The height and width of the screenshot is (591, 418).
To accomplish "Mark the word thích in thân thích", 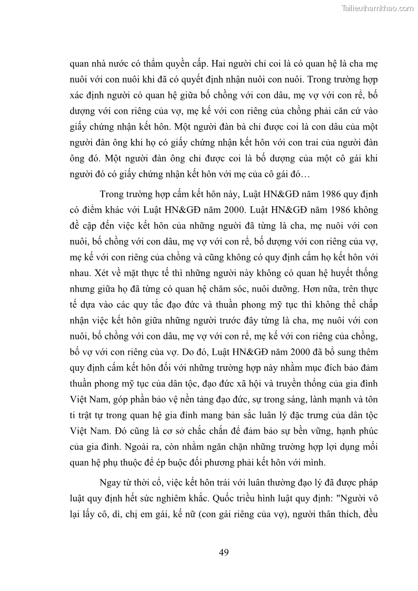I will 344,513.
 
